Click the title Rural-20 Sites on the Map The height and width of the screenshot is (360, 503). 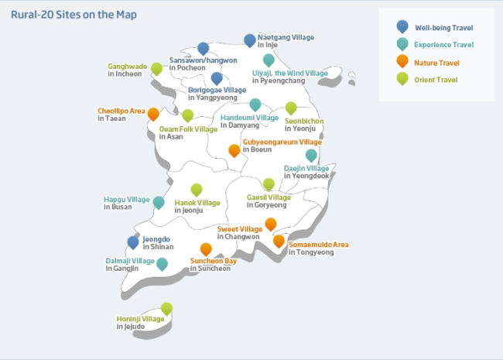[74, 15]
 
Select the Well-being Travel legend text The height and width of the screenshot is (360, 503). [444, 28]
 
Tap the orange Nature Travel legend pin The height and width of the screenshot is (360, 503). [402, 61]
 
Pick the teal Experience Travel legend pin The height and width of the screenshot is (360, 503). [402, 44]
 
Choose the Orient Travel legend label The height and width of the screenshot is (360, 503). [436, 80]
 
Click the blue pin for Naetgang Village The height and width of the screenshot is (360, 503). [250, 40]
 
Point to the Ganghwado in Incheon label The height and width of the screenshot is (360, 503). [128, 70]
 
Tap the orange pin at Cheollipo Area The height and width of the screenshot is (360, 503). [153, 114]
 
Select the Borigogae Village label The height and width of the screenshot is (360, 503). [217, 90]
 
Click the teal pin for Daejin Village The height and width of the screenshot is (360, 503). [311, 156]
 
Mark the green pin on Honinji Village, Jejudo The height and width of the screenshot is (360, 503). [166, 308]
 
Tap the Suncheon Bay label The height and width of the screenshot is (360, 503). [214, 261]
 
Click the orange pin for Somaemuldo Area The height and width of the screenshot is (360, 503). [279, 241]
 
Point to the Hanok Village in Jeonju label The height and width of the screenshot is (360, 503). [197, 206]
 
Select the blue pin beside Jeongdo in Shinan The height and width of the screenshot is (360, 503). [133, 242]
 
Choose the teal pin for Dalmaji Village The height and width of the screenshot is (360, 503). [162, 264]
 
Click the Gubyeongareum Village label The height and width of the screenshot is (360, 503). [282, 142]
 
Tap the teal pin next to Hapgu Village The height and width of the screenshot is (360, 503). [159, 203]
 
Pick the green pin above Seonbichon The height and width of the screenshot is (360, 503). [291, 108]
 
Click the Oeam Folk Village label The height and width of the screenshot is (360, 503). [188, 129]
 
